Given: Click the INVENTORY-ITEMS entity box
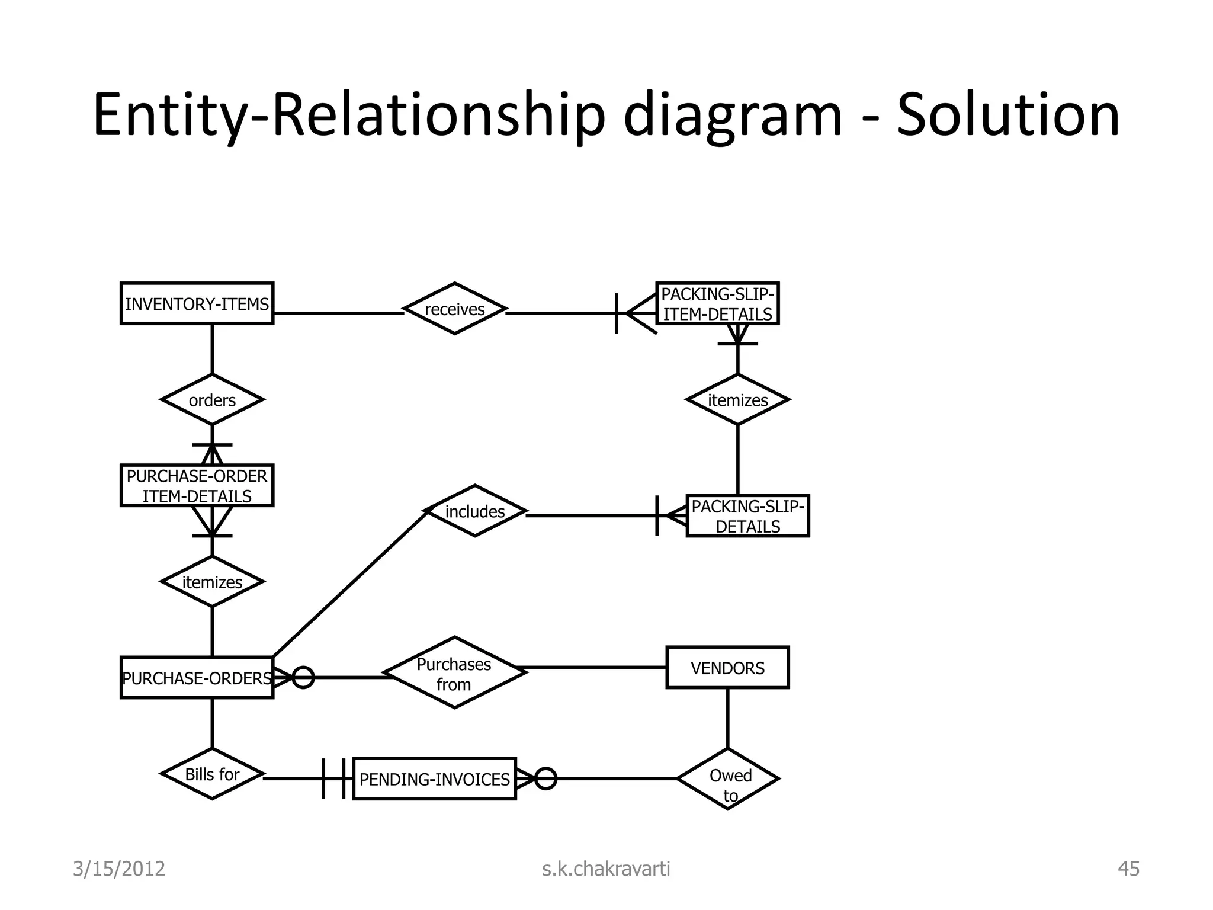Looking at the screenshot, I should pos(197,303).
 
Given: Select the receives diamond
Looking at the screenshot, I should pos(454,309).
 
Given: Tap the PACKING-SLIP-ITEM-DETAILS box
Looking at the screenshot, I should pos(717,303).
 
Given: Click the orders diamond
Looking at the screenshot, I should pos(212,400).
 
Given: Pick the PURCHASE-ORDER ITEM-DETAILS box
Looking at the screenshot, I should pos(197,485).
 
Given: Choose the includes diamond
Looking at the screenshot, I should pos(475,511).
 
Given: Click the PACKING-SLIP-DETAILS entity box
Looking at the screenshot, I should pos(747,516).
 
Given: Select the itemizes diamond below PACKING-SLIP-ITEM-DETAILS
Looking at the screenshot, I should pos(737,400).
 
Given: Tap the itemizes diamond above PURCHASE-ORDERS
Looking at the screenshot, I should pos(212,582).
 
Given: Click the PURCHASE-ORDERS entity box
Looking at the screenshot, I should pos(197,677).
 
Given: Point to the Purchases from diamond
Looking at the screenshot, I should pos(454,673).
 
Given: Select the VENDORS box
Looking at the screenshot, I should pos(727,668).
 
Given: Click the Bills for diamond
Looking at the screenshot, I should pos(212,774).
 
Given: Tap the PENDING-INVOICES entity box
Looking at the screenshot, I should pos(434,778).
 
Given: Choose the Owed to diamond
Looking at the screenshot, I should pos(728,779).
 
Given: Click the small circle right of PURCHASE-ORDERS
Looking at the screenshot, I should pos(303,677).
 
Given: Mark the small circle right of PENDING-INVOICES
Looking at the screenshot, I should pos(545,778).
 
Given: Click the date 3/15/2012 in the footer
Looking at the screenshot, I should pos(118,869).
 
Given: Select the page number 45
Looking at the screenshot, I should pos(1128,869).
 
